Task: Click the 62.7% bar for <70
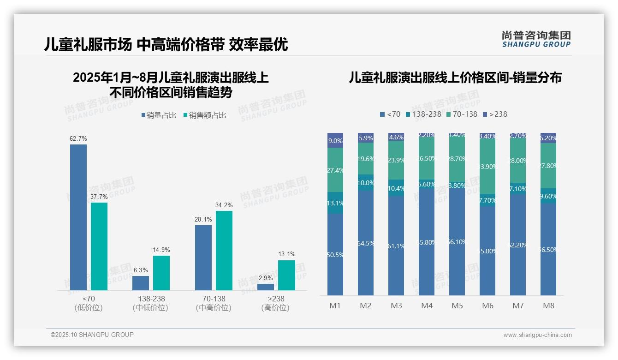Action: coord(78,217)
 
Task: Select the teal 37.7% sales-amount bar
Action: coord(99,246)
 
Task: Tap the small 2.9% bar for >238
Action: coord(266,287)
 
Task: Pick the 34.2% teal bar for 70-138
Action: coord(224,250)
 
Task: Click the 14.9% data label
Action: coord(161,250)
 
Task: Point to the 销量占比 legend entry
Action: coord(158,115)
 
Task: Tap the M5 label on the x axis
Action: coord(457,306)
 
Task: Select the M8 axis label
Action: coord(548,306)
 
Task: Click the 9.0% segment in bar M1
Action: coord(335,141)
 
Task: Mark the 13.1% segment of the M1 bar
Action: coord(335,203)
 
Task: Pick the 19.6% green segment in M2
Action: coord(366,158)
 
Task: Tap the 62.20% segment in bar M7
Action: coord(518,245)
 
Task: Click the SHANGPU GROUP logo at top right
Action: coord(536,39)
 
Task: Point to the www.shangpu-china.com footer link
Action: coord(537,335)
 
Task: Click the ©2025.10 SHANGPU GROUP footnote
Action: coord(92,335)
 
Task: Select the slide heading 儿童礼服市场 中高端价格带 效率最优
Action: coord(166,44)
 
